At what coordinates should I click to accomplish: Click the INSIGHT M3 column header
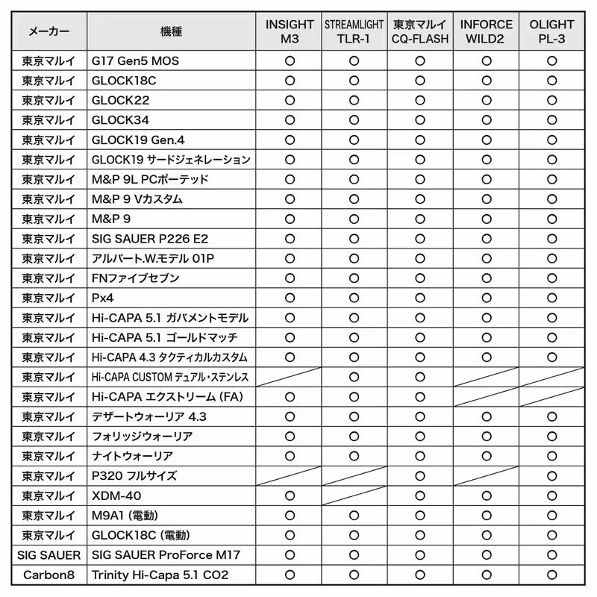[290, 31]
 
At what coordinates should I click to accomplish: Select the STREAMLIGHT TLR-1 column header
[354, 31]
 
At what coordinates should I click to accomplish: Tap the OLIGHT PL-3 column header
[551, 31]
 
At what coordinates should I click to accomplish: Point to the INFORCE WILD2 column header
[486, 31]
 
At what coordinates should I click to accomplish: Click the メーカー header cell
[49, 31]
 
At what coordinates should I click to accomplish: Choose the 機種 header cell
[171, 31]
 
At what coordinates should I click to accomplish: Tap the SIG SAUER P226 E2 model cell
[150, 239]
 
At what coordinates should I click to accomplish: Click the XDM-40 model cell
[116, 496]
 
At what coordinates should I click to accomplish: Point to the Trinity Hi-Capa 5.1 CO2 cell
[160, 575]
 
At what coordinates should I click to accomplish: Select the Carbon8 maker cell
[49, 575]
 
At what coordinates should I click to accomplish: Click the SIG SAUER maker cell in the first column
[49, 555]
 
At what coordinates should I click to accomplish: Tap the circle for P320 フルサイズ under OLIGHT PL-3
[551, 476]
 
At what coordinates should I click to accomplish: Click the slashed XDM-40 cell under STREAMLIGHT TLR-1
[354, 496]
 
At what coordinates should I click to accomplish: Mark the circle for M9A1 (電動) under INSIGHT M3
[290, 516]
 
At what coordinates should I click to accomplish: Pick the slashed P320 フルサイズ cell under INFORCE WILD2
[486, 476]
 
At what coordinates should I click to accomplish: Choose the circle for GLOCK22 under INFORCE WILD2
[486, 101]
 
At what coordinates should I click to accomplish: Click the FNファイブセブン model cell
[135, 278]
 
